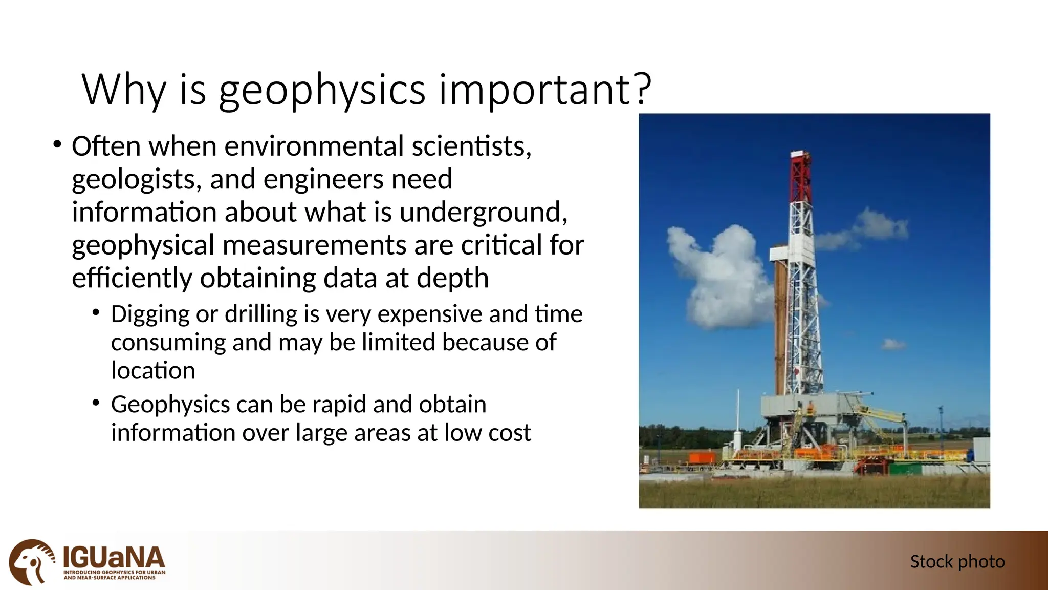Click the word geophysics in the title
coord(322,90)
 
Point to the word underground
coord(483,212)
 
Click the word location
coord(153,370)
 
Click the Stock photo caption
coord(957,562)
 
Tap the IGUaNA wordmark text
coord(114,558)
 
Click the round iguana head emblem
coord(32,562)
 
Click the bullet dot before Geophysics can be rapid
coord(96,404)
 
